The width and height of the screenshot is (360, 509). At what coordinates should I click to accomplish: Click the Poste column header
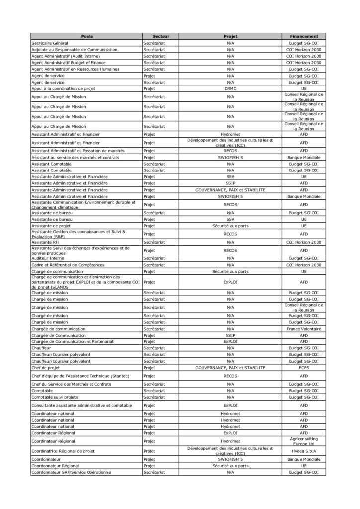87,37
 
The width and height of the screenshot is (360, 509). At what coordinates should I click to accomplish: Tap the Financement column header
304,37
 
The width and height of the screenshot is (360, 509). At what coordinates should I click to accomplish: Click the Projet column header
231,37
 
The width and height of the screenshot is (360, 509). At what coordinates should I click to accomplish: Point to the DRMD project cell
231,88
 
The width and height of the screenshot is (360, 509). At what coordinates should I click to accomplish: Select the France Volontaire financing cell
304,328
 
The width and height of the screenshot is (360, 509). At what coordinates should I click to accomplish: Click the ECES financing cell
304,367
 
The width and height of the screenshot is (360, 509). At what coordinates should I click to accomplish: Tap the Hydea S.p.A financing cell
304,451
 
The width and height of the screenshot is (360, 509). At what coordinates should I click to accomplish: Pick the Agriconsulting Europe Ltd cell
304,441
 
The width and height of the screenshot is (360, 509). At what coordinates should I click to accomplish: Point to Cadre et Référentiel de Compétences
67,265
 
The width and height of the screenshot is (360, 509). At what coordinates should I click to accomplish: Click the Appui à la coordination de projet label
63,88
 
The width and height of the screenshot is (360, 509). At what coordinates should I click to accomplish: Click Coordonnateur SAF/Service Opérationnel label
72,472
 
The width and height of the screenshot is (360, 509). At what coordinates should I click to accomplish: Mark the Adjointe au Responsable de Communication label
74,50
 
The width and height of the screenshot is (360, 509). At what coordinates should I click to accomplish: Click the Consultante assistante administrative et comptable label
82,405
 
